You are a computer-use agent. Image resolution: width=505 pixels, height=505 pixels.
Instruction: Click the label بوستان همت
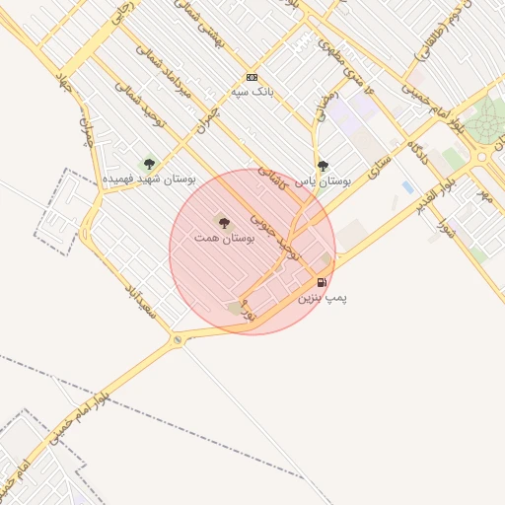(225, 239)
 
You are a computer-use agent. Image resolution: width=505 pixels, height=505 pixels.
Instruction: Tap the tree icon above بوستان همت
(224, 223)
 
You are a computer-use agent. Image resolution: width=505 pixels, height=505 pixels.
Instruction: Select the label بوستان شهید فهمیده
(151, 180)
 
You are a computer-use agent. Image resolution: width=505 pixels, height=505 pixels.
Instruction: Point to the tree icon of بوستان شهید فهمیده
(149, 164)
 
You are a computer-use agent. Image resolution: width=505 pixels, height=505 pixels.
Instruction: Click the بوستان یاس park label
(325, 181)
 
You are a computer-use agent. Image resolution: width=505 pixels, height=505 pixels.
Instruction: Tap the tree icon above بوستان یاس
(323, 166)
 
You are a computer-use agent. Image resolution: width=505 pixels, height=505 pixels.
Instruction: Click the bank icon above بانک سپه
(252, 77)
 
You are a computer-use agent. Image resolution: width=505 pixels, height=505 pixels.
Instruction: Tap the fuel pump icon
(323, 282)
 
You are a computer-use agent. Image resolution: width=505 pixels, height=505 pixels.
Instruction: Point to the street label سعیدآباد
(141, 300)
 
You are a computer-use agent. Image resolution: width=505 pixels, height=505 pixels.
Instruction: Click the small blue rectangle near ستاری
(407, 186)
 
